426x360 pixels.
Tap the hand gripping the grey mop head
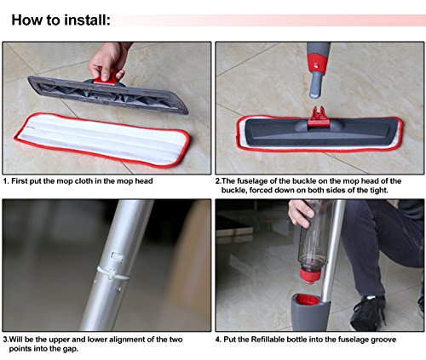[x=108, y=60]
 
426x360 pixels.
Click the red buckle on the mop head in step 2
[x=319, y=117]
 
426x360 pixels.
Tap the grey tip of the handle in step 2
[x=315, y=85]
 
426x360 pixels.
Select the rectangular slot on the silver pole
[x=117, y=256]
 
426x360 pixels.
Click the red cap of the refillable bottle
[x=310, y=276]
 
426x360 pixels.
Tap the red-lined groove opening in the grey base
[x=307, y=300]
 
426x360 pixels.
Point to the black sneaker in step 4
[x=368, y=312]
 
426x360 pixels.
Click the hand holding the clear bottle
[x=301, y=213]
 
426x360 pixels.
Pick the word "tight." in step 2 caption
[x=379, y=190]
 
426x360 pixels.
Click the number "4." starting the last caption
[x=218, y=340]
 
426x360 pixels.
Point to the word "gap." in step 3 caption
[x=70, y=349]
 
